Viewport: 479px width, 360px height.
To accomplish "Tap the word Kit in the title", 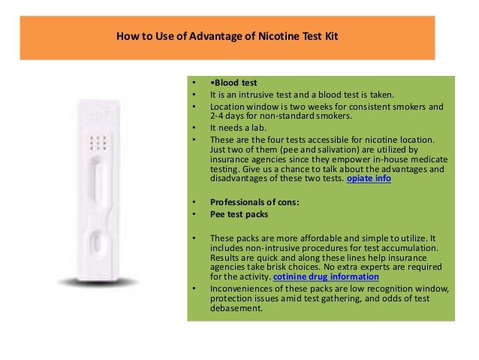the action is pyautogui.click(x=331, y=36).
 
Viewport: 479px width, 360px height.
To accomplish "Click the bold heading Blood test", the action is pyautogui.click(x=236, y=83).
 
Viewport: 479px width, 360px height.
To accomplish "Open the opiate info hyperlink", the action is pyautogui.click(x=369, y=178).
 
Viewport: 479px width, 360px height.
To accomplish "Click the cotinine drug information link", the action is pyautogui.click(x=326, y=277).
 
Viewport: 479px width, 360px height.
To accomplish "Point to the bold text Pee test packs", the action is pyautogui.click(x=239, y=214).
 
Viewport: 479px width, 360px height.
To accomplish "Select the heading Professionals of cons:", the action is pyautogui.click(x=255, y=202).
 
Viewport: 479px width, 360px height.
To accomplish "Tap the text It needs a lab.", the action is pyautogui.click(x=238, y=128).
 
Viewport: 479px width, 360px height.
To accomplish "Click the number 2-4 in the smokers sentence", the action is pyautogui.click(x=217, y=116).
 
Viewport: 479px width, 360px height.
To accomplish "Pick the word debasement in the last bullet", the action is pyautogui.click(x=236, y=308).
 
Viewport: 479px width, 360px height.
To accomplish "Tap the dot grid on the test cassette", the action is pyautogui.click(x=98, y=143).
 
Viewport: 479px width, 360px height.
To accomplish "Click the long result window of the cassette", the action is pyautogui.click(x=97, y=180).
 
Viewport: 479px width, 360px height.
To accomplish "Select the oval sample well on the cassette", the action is pyautogui.click(x=97, y=242).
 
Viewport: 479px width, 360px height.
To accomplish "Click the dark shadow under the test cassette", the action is pyautogui.click(x=98, y=283).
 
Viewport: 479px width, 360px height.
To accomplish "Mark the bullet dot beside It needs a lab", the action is pyautogui.click(x=194, y=128).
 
